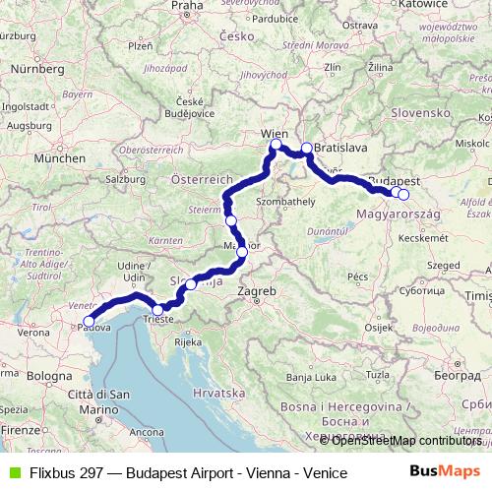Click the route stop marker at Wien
coord(276,146)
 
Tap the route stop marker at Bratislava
coord(306,149)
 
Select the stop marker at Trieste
coord(157,310)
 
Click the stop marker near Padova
coord(89,321)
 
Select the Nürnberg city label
coord(37,70)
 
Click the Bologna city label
coord(50,376)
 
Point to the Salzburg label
coord(126,180)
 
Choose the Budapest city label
coord(393,182)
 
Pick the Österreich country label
coord(201,181)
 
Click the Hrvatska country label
coord(218,392)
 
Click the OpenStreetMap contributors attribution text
coord(406,441)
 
